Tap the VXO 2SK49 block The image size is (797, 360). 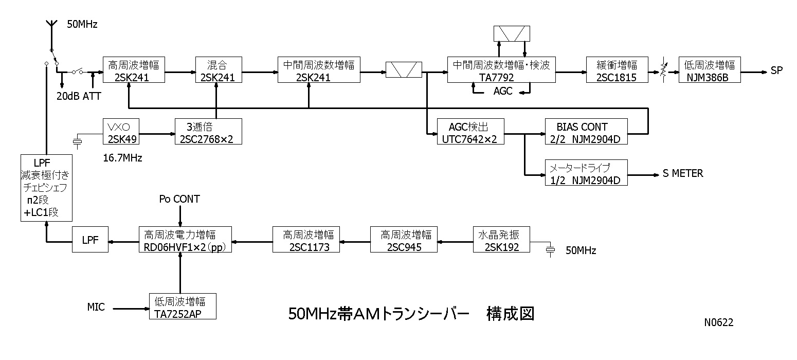pos(120,132)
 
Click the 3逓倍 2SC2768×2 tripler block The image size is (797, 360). pos(208,132)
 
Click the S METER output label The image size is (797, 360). pos(682,174)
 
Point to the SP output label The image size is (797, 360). pos(776,70)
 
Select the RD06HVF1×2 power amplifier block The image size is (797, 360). pos(185,239)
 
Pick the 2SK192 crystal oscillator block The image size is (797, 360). pos(501,239)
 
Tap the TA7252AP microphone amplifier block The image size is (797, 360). pos(182,306)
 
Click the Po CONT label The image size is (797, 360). pos(179,199)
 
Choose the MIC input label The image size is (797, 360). pos(96,308)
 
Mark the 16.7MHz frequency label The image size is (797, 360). pos(123,158)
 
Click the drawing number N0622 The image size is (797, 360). pos(718,322)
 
